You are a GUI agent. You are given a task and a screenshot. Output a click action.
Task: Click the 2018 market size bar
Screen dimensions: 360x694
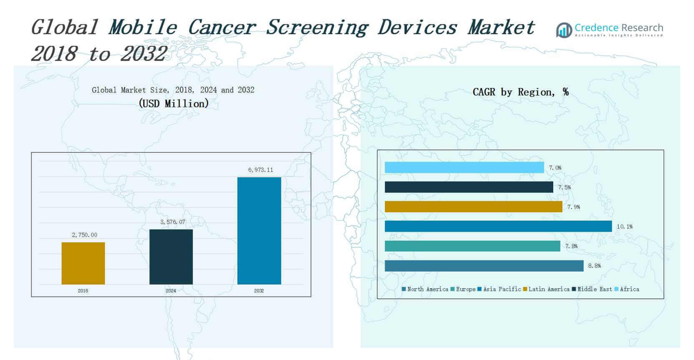(x=83, y=263)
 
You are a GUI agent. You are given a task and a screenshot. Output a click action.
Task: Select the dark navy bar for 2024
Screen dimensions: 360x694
(x=171, y=257)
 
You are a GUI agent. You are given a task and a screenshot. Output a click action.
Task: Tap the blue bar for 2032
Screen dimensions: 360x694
(x=259, y=230)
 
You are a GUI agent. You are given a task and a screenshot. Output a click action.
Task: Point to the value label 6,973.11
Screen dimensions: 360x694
(x=260, y=170)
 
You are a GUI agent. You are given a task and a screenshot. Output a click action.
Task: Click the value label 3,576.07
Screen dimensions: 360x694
(x=172, y=222)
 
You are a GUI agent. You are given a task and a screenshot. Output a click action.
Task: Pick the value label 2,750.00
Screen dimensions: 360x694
(x=84, y=235)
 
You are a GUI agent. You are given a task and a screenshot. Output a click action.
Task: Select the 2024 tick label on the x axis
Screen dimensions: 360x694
(x=171, y=291)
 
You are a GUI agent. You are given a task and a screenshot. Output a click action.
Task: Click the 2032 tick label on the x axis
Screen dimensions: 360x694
(x=259, y=291)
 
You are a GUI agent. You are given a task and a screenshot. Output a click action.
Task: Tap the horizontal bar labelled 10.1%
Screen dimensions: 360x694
(x=498, y=226)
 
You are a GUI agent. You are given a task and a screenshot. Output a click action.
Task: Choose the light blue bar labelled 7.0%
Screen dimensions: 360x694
(x=464, y=168)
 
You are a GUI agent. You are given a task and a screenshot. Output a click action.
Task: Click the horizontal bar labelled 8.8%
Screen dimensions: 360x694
(x=484, y=266)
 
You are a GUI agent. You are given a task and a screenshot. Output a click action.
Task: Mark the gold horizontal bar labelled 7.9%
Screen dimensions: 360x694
(x=473, y=207)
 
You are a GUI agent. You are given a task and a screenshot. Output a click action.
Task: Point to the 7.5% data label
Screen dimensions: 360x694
(x=564, y=188)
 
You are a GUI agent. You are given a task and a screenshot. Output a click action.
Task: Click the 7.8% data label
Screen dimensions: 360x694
(x=571, y=246)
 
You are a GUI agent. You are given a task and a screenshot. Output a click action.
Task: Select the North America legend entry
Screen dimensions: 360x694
(x=425, y=289)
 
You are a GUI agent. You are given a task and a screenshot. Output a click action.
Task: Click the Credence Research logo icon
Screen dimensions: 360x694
(x=564, y=30)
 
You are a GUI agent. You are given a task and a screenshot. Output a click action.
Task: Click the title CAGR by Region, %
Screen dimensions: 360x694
(x=520, y=92)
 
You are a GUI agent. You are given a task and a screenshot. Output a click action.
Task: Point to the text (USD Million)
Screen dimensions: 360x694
(x=173, y=104)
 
